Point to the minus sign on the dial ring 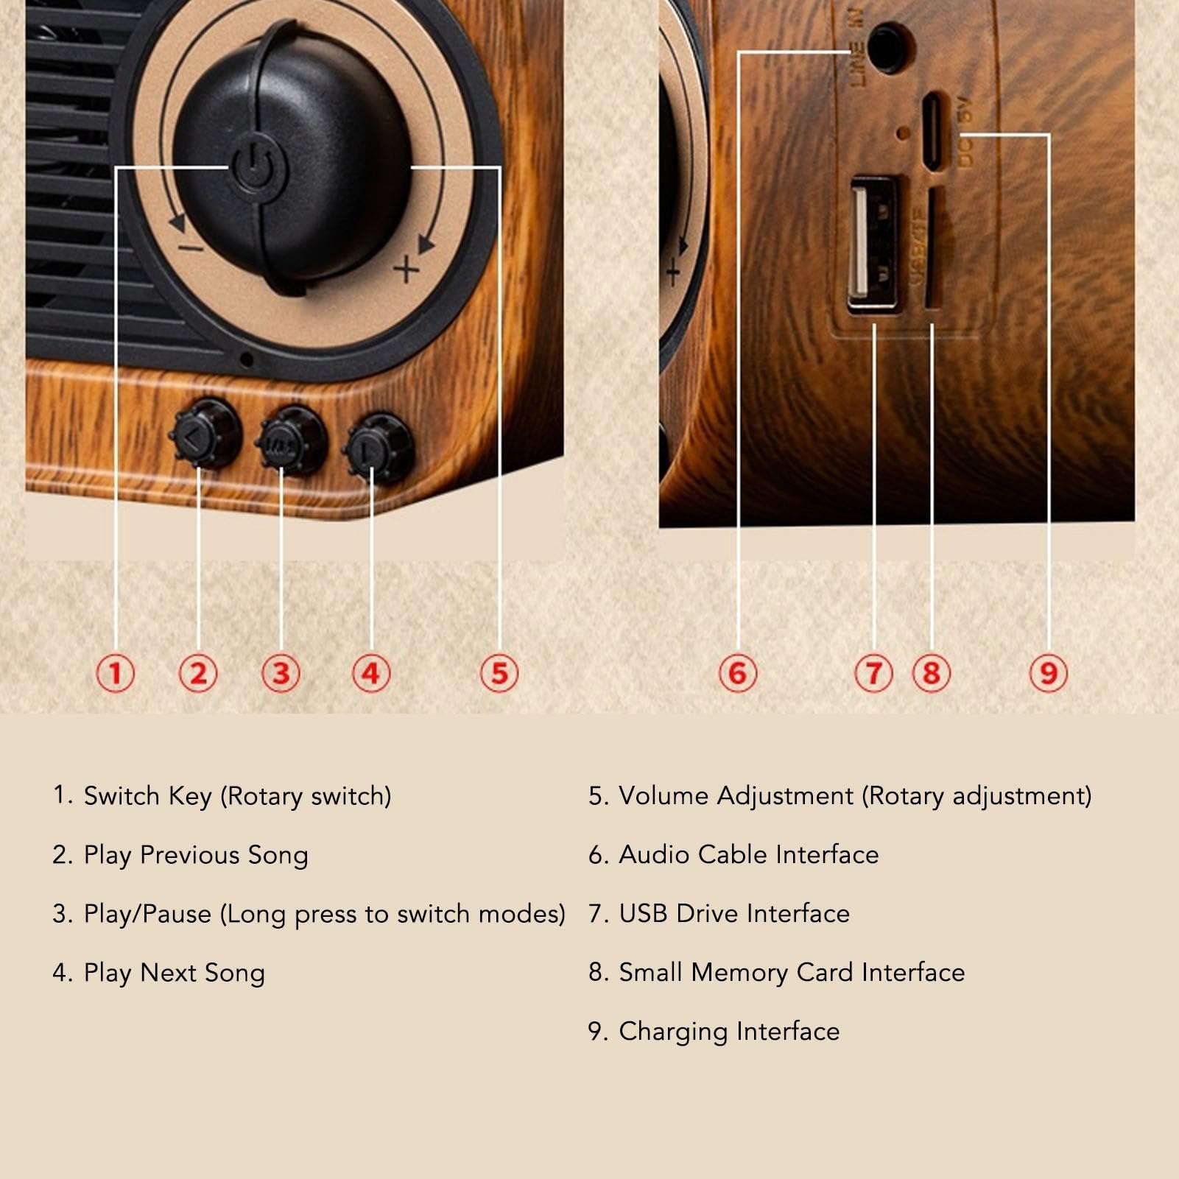[191, 247]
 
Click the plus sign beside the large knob [406, 270]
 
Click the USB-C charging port [933, 131]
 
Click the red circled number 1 [116, 673]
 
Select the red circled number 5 [499, 673]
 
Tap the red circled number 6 [737, 673]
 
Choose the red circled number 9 [1048, 673]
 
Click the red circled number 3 [281, 673]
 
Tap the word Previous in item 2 [189, 855]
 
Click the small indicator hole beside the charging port [904, 133]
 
